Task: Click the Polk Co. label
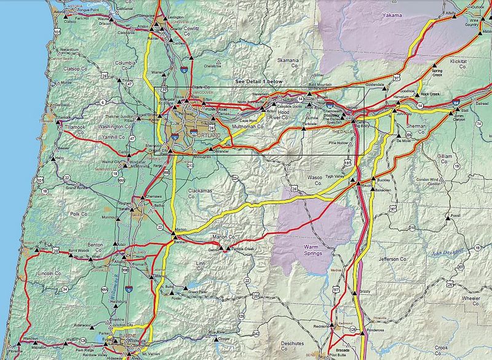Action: [x=79, y=214]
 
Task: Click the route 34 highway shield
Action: [x=65, y=289]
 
